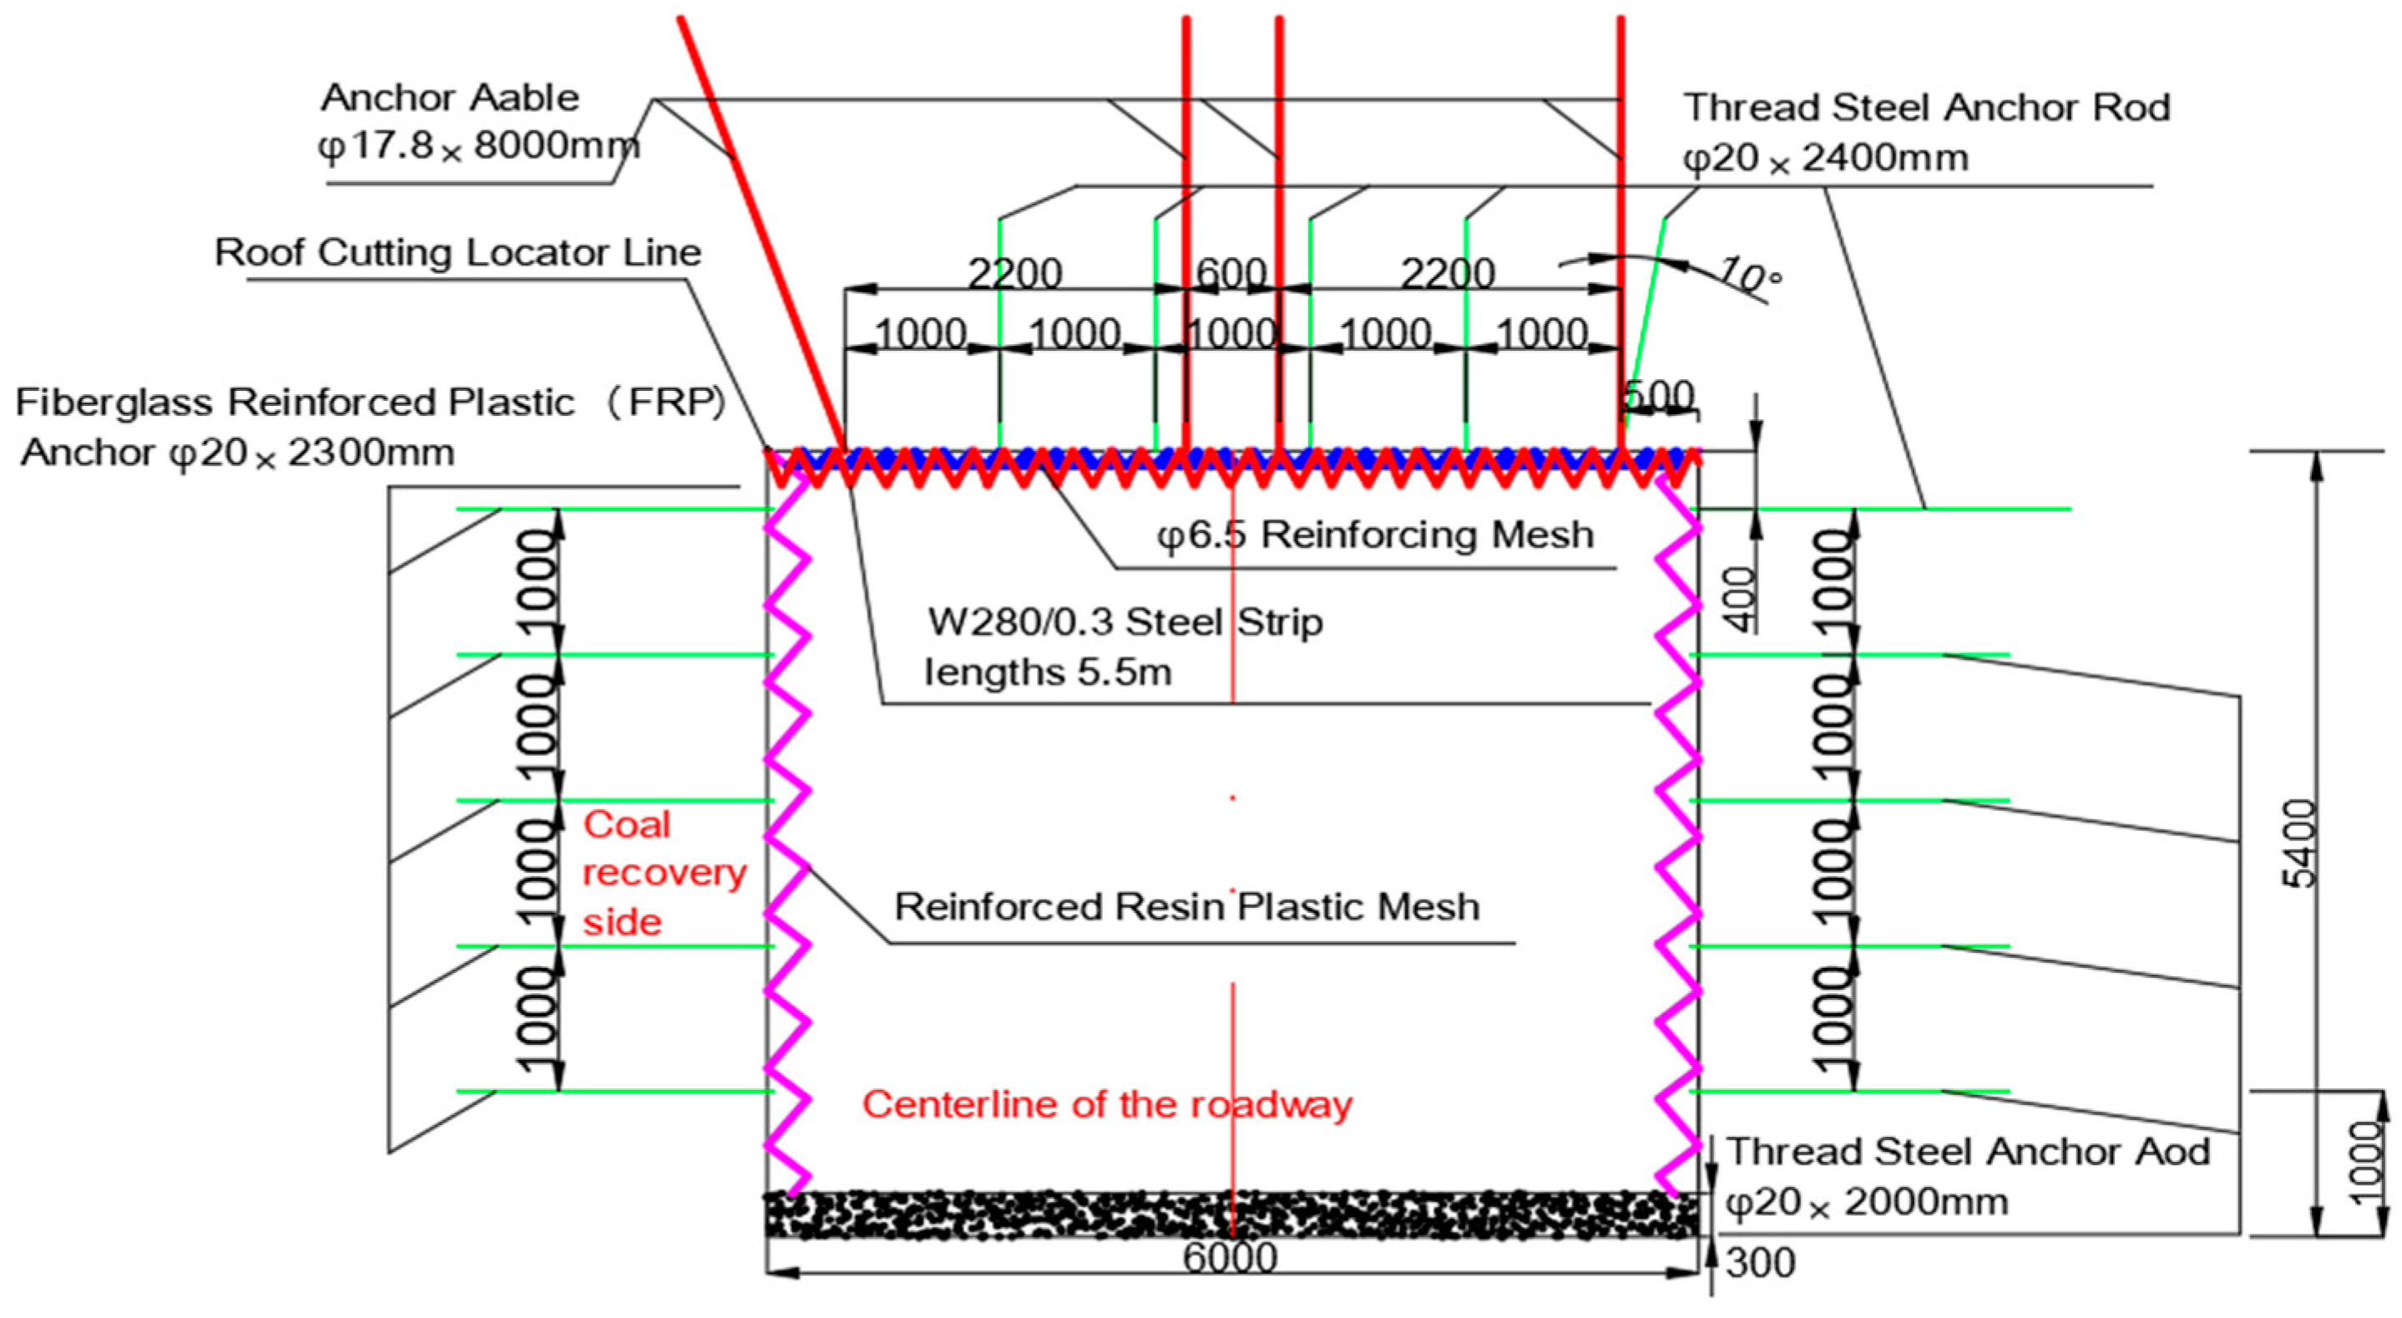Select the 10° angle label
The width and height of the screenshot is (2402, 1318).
click(x=1749, y=275)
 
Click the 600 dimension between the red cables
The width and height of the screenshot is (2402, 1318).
click(x=1231, y=274)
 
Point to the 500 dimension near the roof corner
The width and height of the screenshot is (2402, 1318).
click(x=1659, y=397)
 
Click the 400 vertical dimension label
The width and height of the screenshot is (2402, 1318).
click(x=1740, y=598)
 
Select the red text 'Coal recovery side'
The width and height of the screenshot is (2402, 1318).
click(x=663, y=873)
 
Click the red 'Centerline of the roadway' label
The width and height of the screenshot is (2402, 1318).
click(x=1107, y=1104)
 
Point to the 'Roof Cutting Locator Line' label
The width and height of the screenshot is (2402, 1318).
click(x=457, y=253)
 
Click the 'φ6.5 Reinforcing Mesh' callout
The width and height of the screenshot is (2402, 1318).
click(x=1375, y=535)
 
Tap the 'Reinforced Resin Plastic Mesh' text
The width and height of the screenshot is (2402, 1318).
click(x=1186, y=907)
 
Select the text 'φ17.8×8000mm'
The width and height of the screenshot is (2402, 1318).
click(x=479, y=146)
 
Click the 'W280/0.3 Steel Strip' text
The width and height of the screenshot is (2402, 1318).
click(x=1125, y=622)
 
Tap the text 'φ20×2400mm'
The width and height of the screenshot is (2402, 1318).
click(x=1825, y=158)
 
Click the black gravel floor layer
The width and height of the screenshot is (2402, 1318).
click(x=1231, y=1214)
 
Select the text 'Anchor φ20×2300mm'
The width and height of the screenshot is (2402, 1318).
click(x=238, y=454)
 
